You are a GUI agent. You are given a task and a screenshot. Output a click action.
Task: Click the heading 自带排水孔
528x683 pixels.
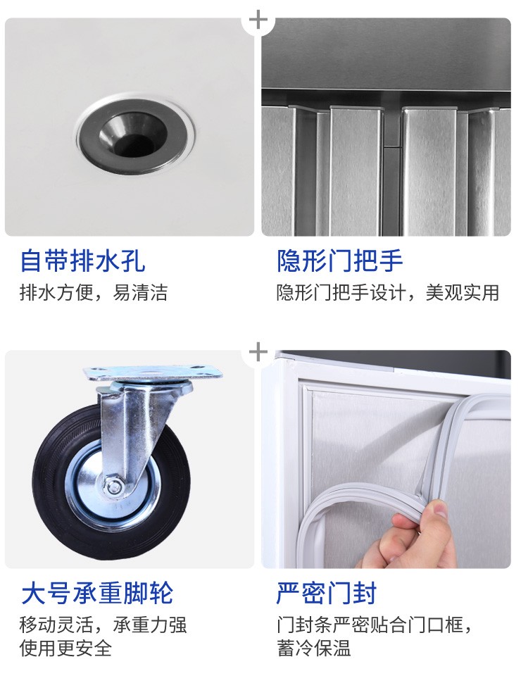83,261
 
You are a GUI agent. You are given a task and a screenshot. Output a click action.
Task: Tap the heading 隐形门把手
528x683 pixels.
340,261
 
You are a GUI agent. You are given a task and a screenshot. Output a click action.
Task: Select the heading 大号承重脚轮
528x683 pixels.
97,593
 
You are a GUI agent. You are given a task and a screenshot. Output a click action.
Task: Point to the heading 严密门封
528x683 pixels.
326,593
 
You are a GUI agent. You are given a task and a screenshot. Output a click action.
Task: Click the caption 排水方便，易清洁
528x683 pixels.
94,292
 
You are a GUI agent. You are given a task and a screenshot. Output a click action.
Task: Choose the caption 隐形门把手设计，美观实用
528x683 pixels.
388,292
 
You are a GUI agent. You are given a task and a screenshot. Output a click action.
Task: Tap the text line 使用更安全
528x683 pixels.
65,648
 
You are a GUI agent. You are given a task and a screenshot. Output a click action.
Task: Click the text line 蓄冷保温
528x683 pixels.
314,648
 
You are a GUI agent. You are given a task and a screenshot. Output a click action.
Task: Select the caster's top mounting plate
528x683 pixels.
153,372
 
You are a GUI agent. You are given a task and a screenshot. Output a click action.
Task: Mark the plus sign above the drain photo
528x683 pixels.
258,20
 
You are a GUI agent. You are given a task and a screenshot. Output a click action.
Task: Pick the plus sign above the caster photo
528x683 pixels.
258,352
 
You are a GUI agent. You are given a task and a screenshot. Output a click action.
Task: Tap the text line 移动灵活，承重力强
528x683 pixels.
103,625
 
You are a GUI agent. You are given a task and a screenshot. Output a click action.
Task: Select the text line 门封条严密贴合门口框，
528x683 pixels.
375,625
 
